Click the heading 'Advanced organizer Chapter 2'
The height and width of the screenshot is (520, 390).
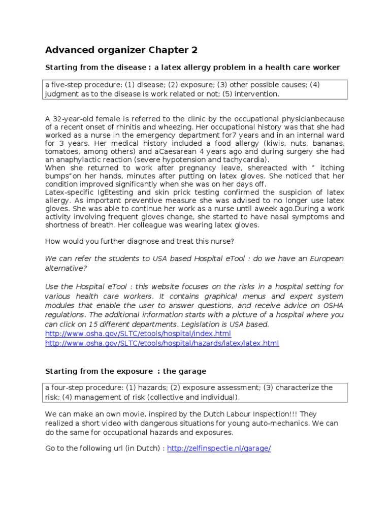[121, 50]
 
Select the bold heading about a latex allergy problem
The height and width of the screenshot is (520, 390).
[192, 67]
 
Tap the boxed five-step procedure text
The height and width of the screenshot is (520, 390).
[195, 89]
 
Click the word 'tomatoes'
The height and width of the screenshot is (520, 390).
[61, 152]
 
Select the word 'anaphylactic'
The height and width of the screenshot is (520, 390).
[77, 160]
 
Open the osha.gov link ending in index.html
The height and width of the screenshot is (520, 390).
[138, 334]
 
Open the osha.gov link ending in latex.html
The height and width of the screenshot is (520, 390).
[162, 343]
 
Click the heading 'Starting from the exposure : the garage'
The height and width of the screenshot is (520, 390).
[126, 371]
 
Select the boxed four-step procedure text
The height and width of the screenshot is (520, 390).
[195, 392]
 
